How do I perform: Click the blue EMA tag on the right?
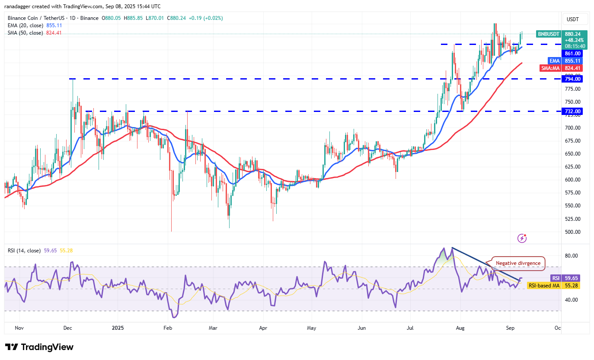click(554, 61)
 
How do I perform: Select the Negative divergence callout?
click(517, 263)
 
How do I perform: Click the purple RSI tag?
click(555, 278)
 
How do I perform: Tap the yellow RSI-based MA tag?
click(544, 286)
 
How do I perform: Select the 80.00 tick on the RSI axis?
click(572, 255)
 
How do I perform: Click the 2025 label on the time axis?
click(118, 328)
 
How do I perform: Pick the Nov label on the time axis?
click(19, 328)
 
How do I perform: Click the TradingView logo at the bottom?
click(39, 347)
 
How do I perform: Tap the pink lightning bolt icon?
click(522, 238)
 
